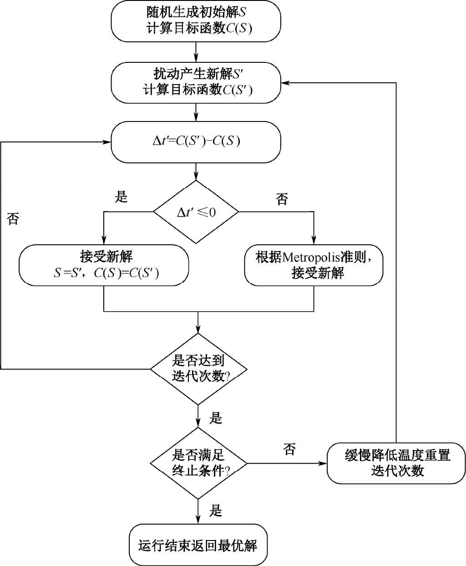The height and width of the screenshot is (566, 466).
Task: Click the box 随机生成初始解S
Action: [x=196, y=21]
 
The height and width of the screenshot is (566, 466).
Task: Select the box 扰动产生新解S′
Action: [x=196, y=82]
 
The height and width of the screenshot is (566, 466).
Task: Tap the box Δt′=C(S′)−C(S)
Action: [x=196, y=141]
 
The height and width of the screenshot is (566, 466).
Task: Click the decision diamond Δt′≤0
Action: [x=196, y=212]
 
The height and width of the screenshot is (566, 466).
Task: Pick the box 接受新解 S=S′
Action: [x=104, y=265]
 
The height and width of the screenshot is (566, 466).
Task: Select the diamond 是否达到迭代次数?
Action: [x=198, y=369]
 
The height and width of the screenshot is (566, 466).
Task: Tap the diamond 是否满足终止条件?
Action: [x=198, y=463]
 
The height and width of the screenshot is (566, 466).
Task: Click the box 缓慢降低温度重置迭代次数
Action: [x=396, y=463]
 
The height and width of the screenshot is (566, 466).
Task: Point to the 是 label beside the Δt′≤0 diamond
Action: [x=122, y=197]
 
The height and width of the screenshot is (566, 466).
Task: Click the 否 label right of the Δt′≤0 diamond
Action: [x=282, y=199]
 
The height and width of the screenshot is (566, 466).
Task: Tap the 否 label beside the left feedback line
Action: [x=13, y=219]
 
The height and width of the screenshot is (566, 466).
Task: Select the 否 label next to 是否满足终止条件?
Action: [x=289, y=449]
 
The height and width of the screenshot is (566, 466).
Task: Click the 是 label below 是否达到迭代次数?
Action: [x=216, y=418]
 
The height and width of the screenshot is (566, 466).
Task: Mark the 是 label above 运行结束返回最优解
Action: [x=216, y=510]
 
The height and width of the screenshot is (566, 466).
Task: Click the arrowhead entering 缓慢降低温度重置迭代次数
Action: [x=324, y=463]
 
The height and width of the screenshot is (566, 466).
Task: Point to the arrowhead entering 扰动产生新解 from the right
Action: [x=285, y=83]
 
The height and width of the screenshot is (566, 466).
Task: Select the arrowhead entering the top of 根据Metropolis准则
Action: [x=314, y=241]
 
